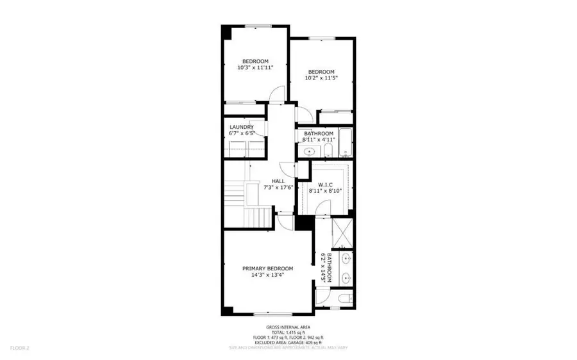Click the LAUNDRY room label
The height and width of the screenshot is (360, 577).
pos(242,127)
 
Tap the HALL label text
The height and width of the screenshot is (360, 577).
pos(278,181)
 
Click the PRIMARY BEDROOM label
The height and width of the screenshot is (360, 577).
pos(267,268)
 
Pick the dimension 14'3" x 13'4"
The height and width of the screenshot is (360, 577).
pos(267,275)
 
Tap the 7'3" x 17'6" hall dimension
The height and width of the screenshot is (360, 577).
pos(278,188)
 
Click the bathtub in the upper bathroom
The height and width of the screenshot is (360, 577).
pos(344,143)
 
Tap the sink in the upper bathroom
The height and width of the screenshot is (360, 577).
pos(309,152)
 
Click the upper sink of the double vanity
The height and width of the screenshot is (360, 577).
pos(346,259)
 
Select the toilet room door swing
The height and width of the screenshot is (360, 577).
pos(322,296)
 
